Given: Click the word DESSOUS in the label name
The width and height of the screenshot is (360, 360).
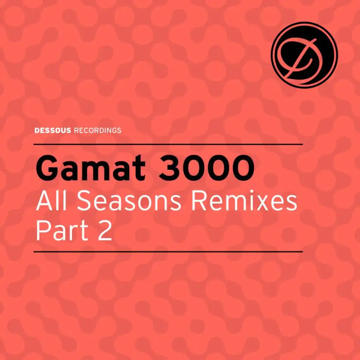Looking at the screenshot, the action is pos(53,130).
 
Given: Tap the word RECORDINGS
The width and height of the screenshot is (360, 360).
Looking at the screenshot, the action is pos(98,130).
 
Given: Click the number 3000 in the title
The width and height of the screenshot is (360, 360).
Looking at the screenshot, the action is pos(207,168).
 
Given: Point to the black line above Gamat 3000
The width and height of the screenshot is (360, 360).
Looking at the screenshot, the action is pos(168,144).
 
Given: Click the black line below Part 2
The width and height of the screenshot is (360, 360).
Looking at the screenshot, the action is pos(168,252).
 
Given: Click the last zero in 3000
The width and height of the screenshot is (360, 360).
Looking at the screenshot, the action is pos(243,168).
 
